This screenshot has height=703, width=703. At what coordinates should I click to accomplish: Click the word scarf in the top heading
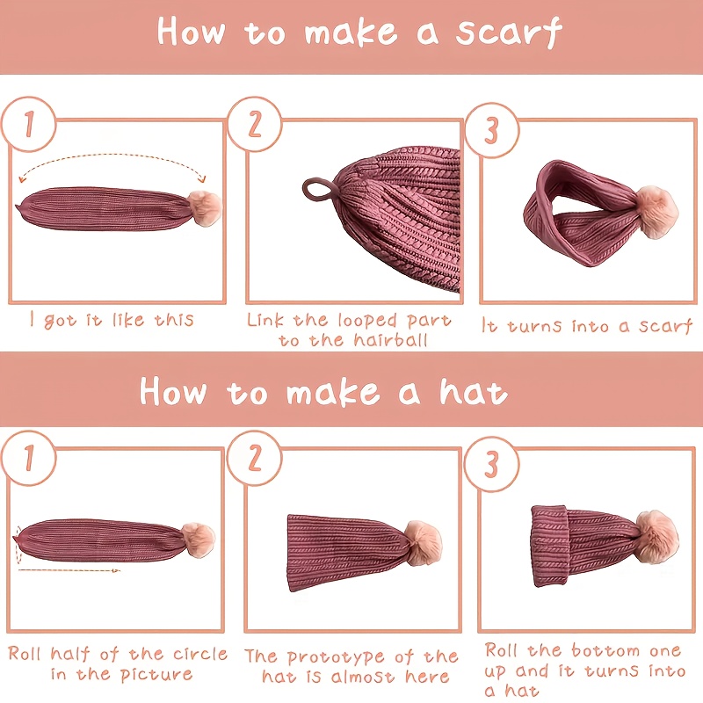pos(509,33)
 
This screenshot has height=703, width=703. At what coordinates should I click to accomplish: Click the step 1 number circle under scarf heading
pos(29,124)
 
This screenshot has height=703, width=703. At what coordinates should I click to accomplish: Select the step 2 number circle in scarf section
pos(255,124)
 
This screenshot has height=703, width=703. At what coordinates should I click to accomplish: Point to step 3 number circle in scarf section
pos(492,130)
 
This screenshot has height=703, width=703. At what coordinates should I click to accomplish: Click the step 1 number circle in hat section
pos(29,458)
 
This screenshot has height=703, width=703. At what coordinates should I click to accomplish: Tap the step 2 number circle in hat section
pos(255,458)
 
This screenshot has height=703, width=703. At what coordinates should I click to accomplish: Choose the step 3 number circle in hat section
pos(492,464)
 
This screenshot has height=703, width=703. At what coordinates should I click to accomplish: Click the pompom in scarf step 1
pos(205,208)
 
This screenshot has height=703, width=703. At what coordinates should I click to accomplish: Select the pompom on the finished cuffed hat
pos(656,536)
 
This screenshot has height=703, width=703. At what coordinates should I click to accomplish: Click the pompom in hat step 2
pos(423,542)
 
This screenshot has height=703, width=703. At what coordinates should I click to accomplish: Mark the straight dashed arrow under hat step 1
pos(69,570)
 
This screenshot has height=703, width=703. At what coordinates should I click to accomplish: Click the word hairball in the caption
pos(390,340)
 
